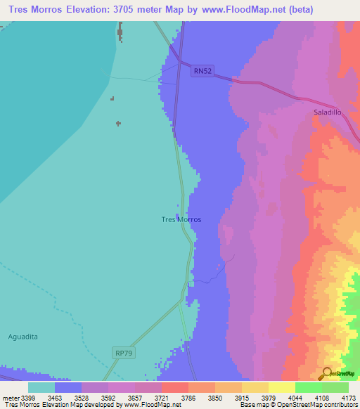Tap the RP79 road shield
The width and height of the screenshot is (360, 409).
click(x=122, y=351)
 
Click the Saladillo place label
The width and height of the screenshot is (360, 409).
click(x=328, y=112)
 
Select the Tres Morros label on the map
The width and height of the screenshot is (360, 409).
click(x=181, y=219)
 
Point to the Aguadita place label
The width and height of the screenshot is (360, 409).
click(x=23, y=336)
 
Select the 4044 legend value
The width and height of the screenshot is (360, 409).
click(x=300, y=397)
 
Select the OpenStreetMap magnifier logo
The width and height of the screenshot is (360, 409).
click(x=326, y=373)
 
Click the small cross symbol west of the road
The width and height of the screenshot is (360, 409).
click(x=118, y=124)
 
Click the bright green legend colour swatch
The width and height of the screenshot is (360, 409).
click(x=308, y=387)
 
